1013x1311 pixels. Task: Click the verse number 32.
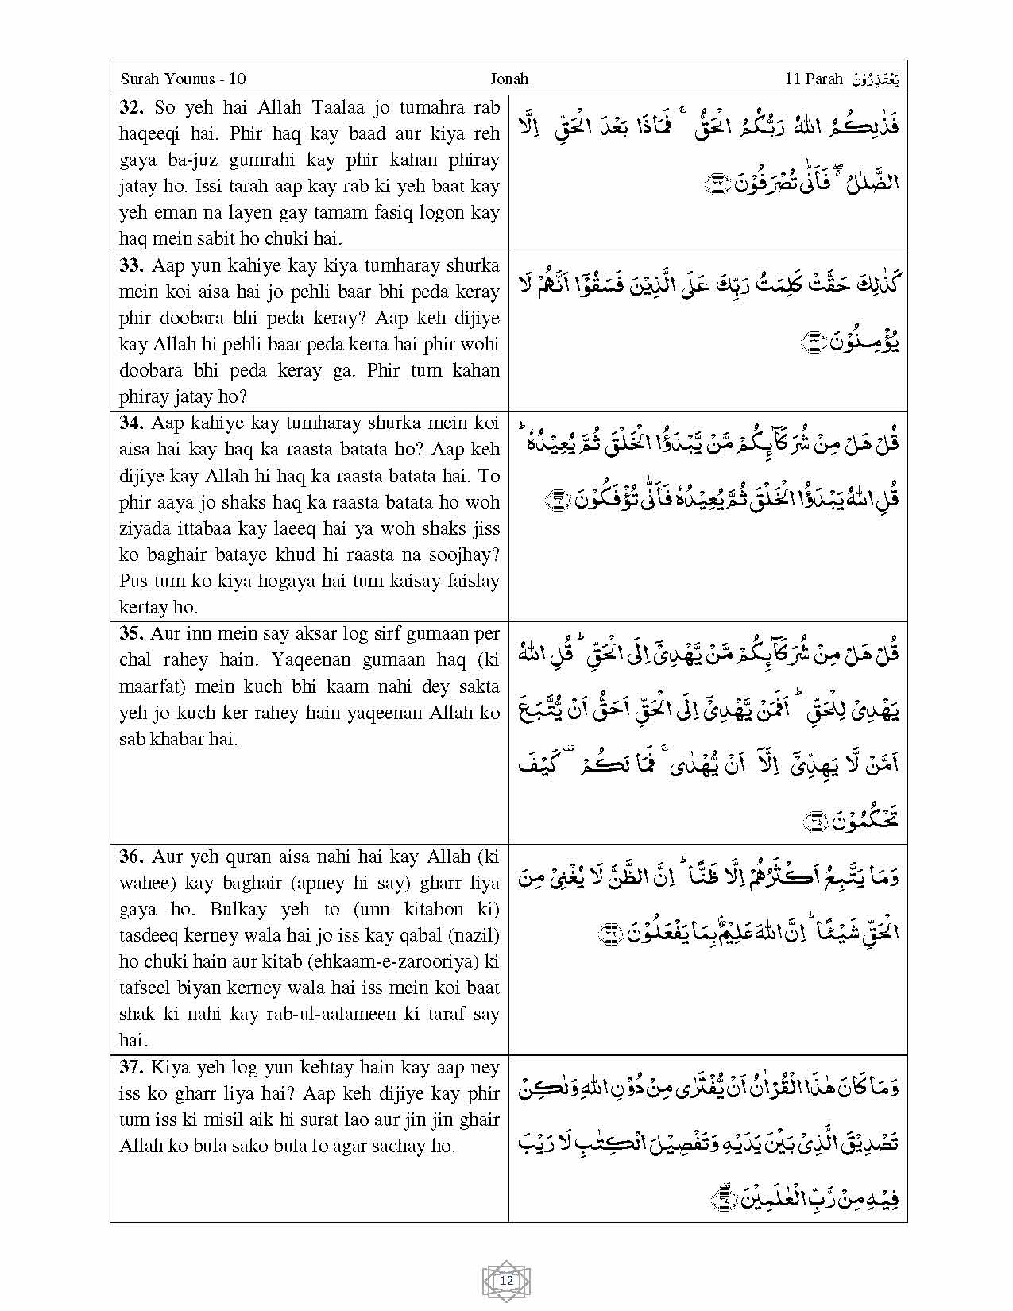coord(131,107)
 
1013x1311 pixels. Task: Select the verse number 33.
coord(131,265)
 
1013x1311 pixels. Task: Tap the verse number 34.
coord(131,423)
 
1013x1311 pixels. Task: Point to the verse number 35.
coord(131,633)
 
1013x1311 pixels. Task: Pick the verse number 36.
coord(131,857)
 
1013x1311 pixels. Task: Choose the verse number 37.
coord(131,1067)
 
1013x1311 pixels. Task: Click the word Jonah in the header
coord(508,79)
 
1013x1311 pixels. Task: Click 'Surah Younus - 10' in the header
coord(183,79)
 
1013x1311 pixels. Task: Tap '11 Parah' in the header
coord(814,79)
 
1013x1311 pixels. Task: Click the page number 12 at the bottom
coord(506,1281)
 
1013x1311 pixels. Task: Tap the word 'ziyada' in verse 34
coord(143,528)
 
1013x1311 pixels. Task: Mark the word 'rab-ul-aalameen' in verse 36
coord(331,1014)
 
